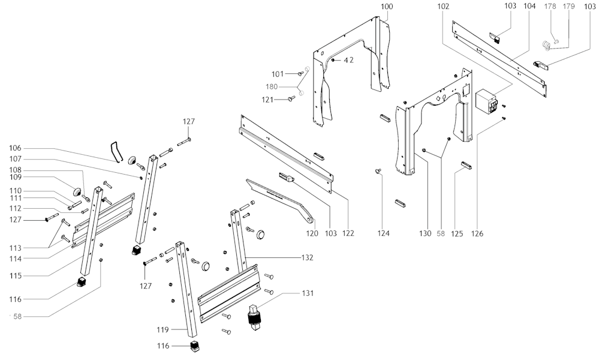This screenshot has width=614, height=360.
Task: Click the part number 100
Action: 387,6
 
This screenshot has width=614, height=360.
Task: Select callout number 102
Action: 443,6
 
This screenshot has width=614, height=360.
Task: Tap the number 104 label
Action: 529,6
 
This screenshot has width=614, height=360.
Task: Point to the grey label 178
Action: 550,6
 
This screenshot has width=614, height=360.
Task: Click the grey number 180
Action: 288,86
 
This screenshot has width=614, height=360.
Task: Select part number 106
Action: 15,148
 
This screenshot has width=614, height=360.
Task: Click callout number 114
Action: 15,259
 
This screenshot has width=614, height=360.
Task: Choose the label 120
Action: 312,233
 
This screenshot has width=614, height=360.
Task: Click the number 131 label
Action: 308,293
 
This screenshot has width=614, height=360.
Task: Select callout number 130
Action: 426,233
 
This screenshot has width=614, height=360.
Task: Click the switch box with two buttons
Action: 486,101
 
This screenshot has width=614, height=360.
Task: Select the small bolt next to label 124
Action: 378,171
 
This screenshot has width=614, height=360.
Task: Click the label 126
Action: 477,233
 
